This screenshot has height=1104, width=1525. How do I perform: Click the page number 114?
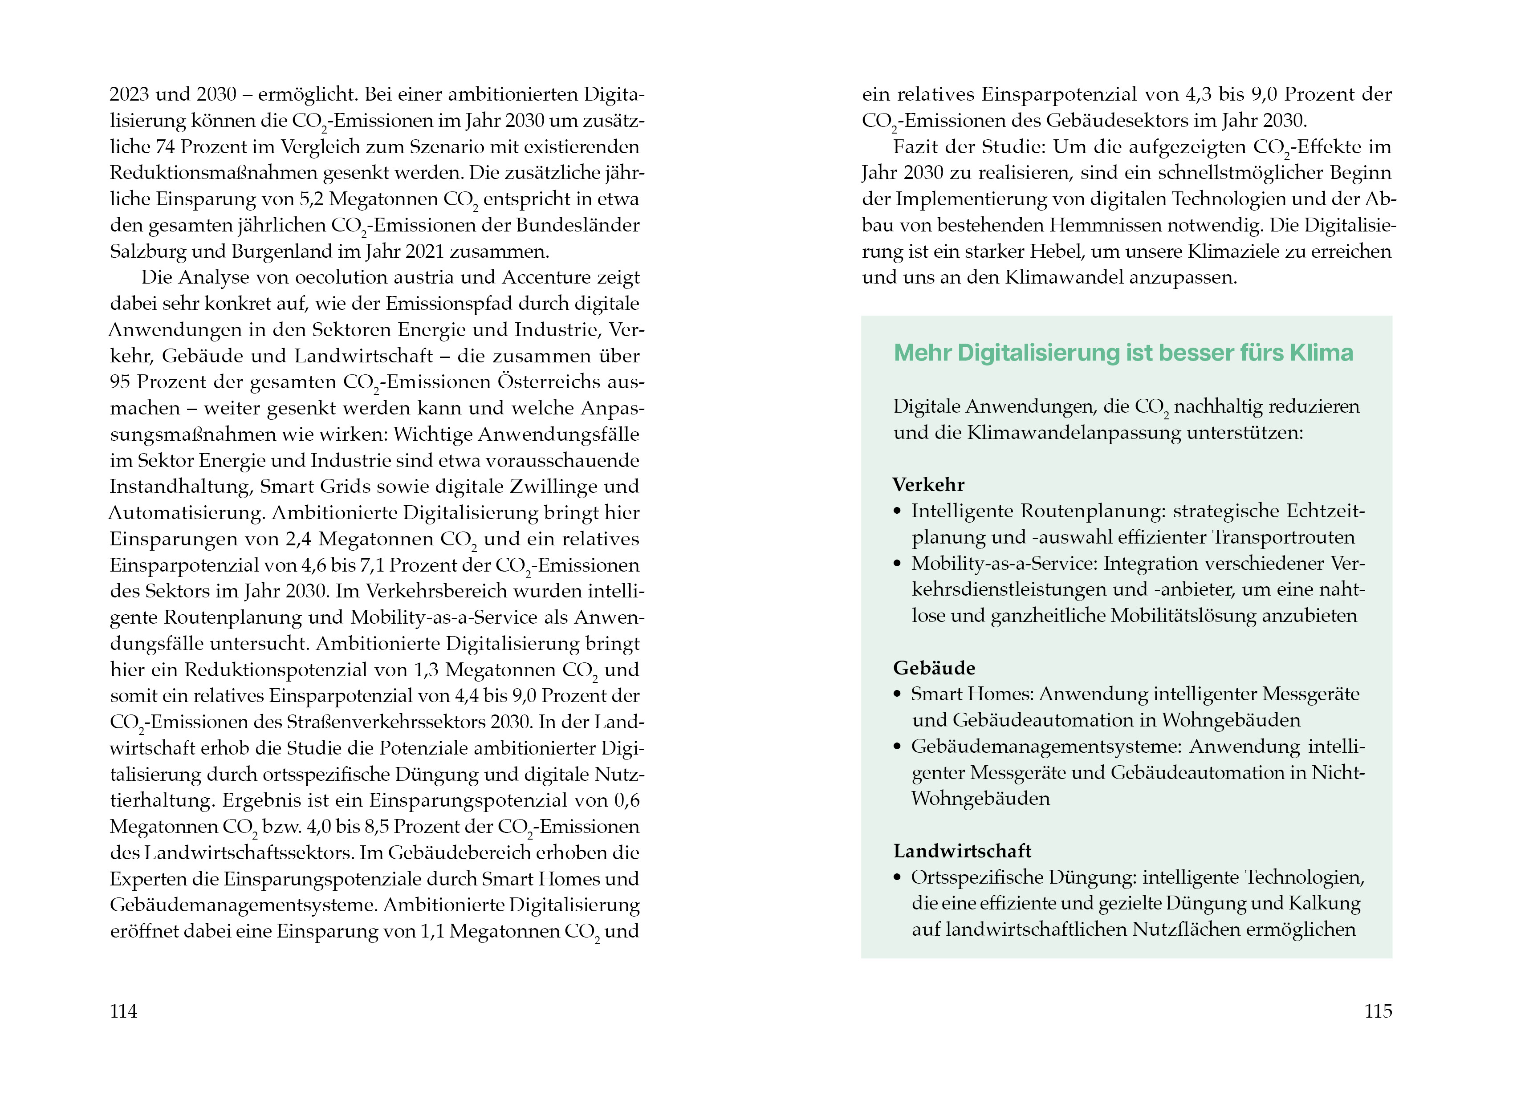pos(124,1011)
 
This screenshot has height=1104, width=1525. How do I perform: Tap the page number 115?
pos(1378,1011)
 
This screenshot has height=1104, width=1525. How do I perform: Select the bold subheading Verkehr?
pos(928,485)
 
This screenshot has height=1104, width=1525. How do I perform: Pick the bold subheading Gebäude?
pos(934,668)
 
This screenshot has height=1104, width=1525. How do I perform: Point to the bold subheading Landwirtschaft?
pos(962,851)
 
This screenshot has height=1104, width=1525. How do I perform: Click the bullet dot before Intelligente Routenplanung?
pos(897,511)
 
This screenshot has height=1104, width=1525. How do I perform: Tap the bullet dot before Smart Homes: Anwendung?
pos(897,694)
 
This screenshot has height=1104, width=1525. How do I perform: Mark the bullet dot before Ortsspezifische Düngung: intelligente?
pos(897,878)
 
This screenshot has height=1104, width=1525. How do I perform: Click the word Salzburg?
pos(148,252)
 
